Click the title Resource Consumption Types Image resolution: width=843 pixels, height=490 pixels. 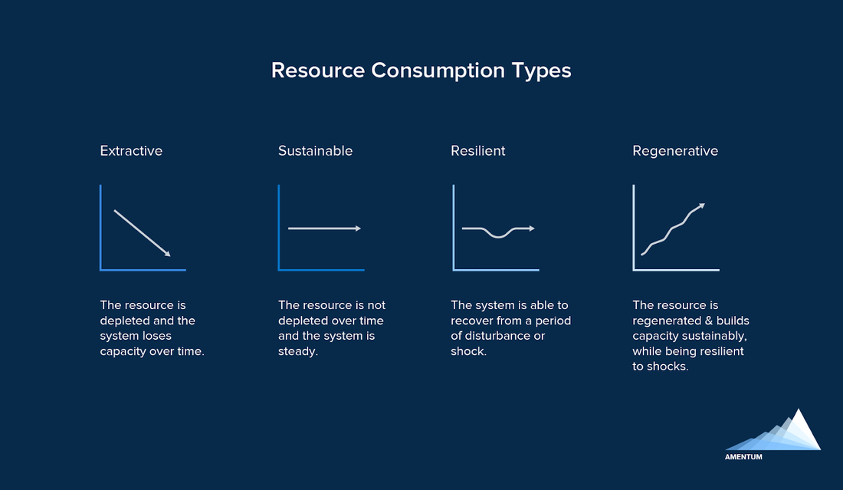[x=421, y=71]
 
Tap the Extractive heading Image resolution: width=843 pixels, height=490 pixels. [x=131, y=150]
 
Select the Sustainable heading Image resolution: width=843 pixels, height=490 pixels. [x=315, y=150]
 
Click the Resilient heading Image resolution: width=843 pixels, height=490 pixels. [x=478, y=150]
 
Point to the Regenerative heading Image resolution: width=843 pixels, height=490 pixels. [x=675, y=150]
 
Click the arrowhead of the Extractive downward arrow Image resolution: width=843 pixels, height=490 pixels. [x=167, y=254]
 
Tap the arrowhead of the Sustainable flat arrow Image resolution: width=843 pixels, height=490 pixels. [x=358, y=229]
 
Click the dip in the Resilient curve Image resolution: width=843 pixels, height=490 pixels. [x=498, y=235]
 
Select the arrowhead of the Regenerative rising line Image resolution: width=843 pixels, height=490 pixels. [x=701, y=206]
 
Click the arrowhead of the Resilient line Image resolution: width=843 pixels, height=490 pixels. [x=532, y=229]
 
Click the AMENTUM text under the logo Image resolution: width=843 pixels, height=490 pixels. [x=743, y=457]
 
